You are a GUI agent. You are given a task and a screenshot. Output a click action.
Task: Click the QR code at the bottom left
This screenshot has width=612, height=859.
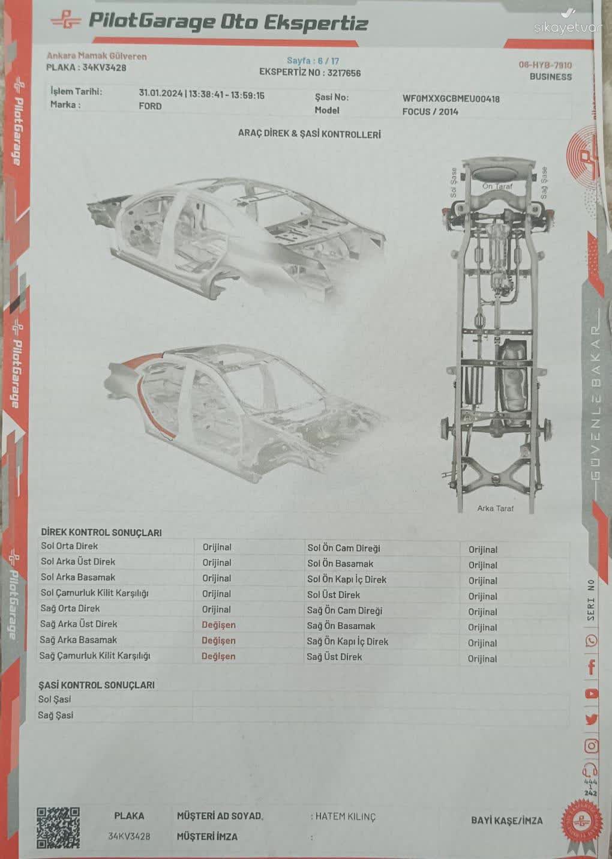click(x=58, y=828)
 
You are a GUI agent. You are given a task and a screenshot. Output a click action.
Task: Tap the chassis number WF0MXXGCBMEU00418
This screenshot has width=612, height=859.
click(x=451, y=98)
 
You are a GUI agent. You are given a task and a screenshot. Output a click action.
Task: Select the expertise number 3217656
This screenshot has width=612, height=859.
click(x=344, y=73)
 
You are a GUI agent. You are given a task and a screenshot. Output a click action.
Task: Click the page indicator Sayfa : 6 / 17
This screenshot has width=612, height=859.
click(x=313, y=61)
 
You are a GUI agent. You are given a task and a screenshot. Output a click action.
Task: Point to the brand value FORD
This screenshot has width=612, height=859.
click(x=150, y=106)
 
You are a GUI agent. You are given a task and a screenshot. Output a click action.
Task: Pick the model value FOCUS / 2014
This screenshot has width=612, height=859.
click(x=430, y=112)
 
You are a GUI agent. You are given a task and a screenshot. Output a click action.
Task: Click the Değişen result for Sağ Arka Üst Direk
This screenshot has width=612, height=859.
click(x=218, y=625)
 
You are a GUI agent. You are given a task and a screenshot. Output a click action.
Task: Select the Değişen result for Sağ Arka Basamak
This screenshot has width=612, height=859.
click(x=218, y=640)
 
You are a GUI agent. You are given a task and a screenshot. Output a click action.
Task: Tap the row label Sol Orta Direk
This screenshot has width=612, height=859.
click(x=70, y=546)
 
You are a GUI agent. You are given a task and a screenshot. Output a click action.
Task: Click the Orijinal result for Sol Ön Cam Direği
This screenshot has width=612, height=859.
click(x=483, y=549)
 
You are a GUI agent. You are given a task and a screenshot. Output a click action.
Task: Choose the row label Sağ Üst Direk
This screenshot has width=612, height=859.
click(x=334, y=657)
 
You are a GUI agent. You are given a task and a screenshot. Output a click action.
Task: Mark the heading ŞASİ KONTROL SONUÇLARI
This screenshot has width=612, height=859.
click(x=97, y=685)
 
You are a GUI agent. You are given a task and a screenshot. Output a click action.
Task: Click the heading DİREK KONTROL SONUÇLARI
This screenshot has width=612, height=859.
click(x=101, y=532)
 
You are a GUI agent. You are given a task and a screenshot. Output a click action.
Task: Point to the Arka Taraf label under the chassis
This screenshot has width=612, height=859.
click(x=495, y=508)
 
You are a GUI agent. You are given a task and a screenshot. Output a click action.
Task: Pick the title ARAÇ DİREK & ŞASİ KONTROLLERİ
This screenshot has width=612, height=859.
click(x=310, y=134)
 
